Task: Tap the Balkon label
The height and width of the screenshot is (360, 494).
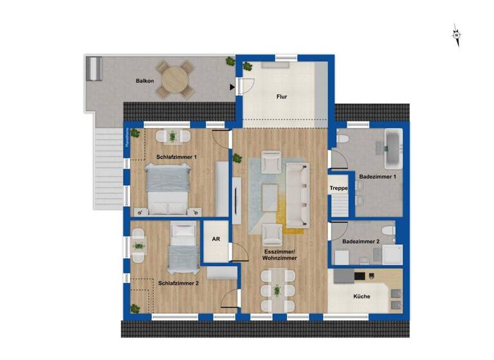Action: tap(144, 81)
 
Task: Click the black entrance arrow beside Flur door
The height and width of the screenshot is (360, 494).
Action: tap(232, 85)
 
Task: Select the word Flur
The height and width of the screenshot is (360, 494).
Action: tap(282, 97)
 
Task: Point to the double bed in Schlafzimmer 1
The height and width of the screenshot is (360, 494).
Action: tap(169, 188)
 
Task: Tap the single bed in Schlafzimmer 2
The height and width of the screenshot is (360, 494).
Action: tap(183, 249)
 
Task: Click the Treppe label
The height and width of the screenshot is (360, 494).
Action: tap(338, 188)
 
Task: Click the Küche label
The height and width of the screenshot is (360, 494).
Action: tap(361, 297)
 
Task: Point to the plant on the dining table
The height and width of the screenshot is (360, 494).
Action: tap(278, 291)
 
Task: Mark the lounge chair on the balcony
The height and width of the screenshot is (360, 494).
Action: tap(95, 68)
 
